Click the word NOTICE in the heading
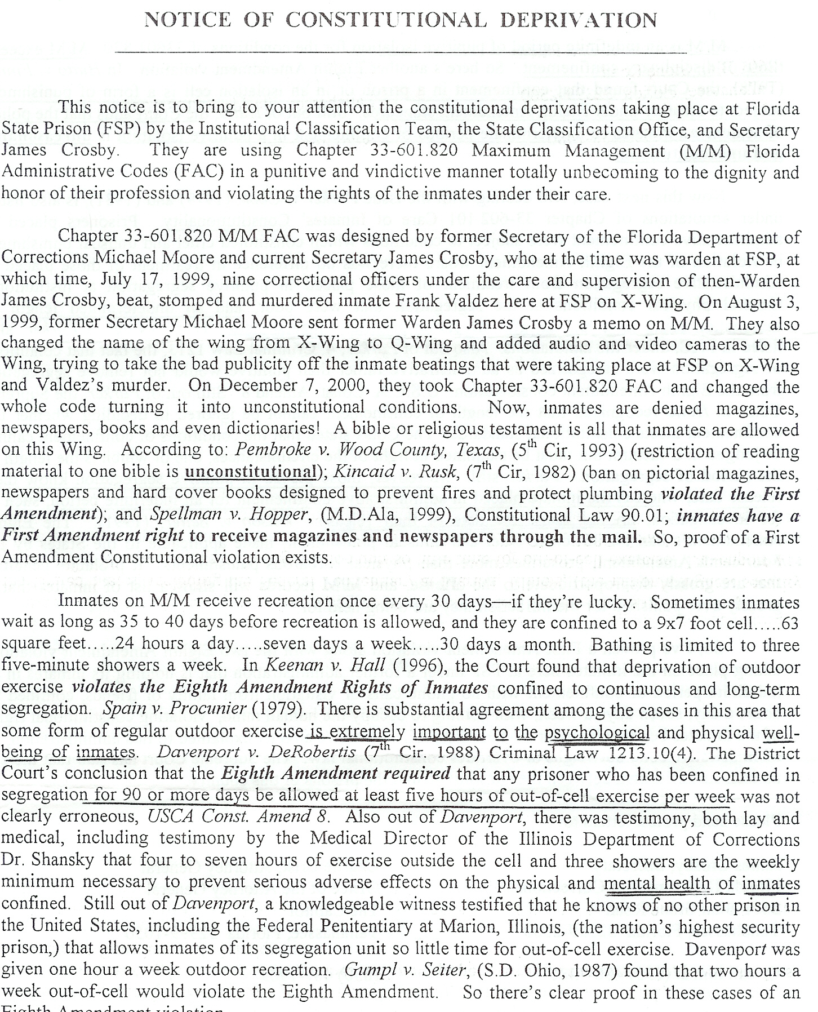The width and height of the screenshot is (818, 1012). (x=188, y=20)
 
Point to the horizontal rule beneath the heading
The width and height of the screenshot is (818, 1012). (x=401, y=52)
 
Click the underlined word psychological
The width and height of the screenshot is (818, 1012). (x=597, y=733)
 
